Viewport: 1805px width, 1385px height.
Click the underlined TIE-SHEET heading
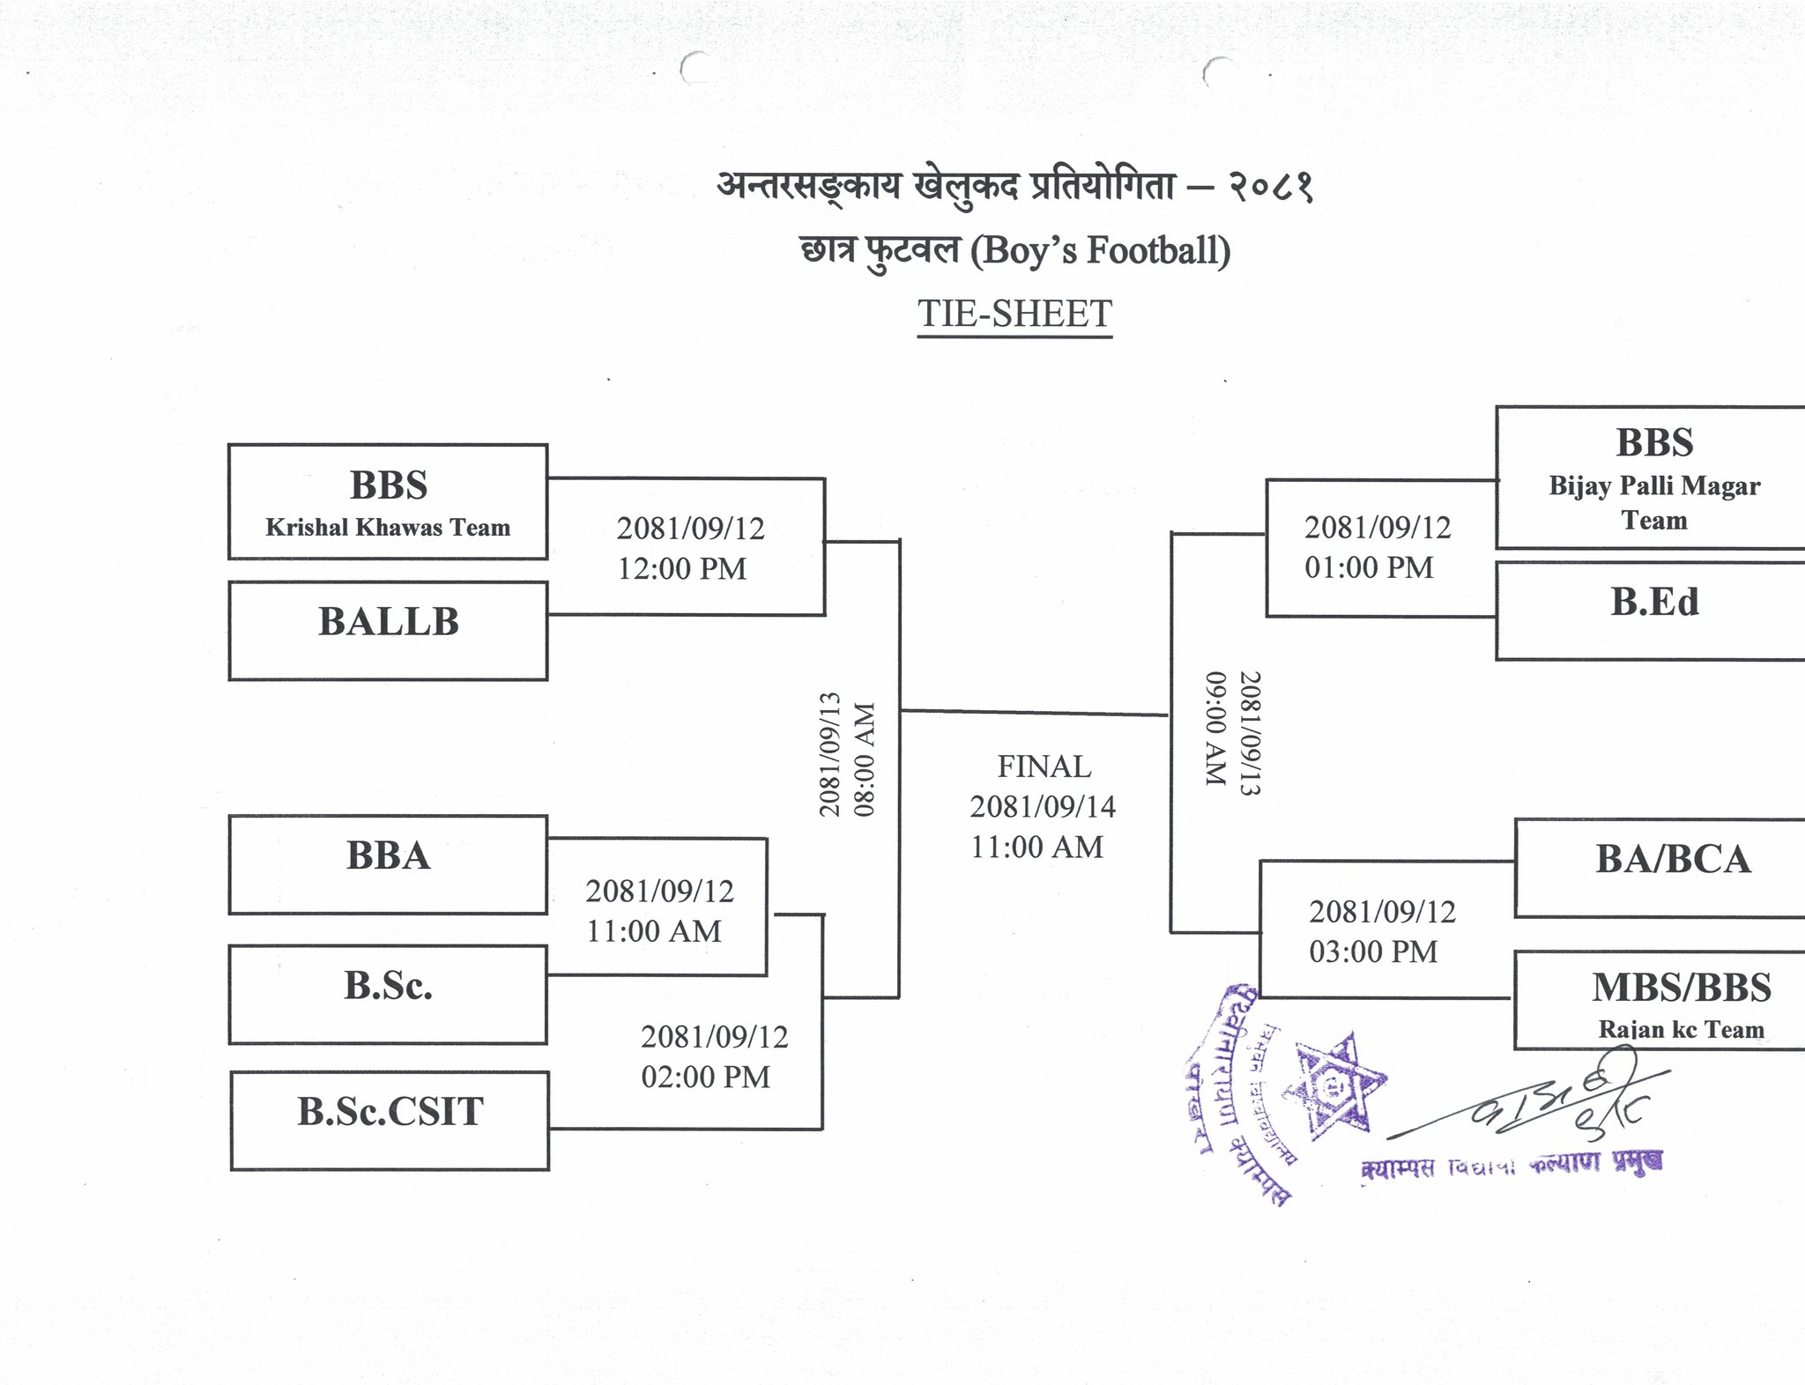click(x=1014, y=315)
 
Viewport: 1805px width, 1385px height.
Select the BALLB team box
click(x=388, y=629)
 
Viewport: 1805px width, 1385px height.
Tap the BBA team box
click(x=388, y=863)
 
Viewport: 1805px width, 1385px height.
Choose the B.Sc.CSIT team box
click(x=390, y=1119)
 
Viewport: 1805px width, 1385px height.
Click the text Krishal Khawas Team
click(x=388, y=528)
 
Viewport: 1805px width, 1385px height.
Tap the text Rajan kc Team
click(x=1681, y=1029)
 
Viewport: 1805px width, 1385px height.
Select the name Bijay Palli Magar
click(x=1654, y=485)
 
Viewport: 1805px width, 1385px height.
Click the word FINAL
click(x=1044, y=767)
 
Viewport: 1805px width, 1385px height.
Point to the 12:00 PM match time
click(x=681, y=569)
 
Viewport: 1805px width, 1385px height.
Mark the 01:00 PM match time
click(x=1369, y=567)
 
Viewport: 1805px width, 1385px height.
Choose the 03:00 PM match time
click(x=1372, y=952)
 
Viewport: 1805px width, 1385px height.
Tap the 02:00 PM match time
click(x=705, y=1077)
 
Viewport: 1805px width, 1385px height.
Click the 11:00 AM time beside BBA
click(x=654, y=931)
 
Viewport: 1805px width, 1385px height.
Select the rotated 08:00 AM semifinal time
click(x=865, y=759)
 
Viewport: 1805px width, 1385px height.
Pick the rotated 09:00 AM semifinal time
click(x=1215, y=729)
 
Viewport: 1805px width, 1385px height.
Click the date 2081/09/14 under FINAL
click(x=1043, y=806)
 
